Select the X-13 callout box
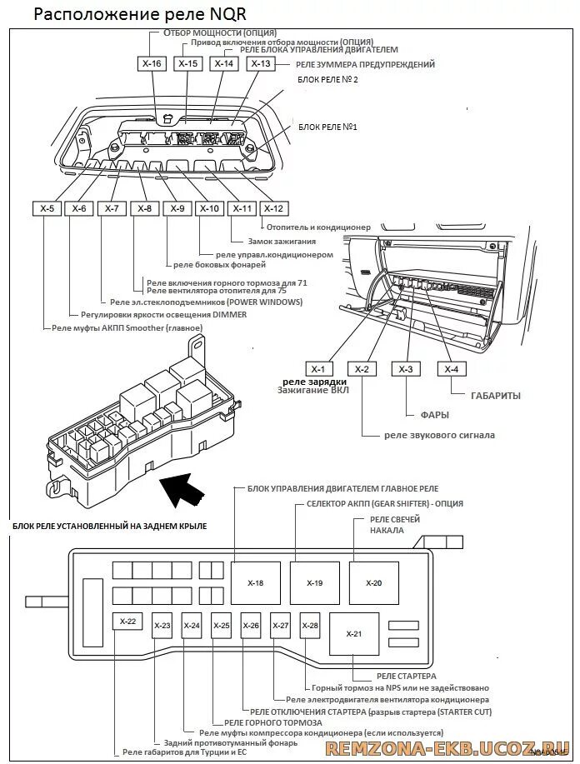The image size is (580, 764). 261,63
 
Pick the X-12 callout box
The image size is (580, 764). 273,208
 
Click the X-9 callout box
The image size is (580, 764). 176,208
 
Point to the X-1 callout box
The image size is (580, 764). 316,369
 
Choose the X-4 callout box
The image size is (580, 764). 451,369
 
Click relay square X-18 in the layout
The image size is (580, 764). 257,583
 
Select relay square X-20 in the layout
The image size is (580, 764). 373,583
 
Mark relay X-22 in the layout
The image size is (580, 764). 127,622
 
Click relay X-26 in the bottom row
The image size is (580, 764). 251,626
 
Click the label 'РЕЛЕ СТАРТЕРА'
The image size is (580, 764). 406,677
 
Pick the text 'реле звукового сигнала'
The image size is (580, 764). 439,435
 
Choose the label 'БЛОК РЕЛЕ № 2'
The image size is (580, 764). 327,79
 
